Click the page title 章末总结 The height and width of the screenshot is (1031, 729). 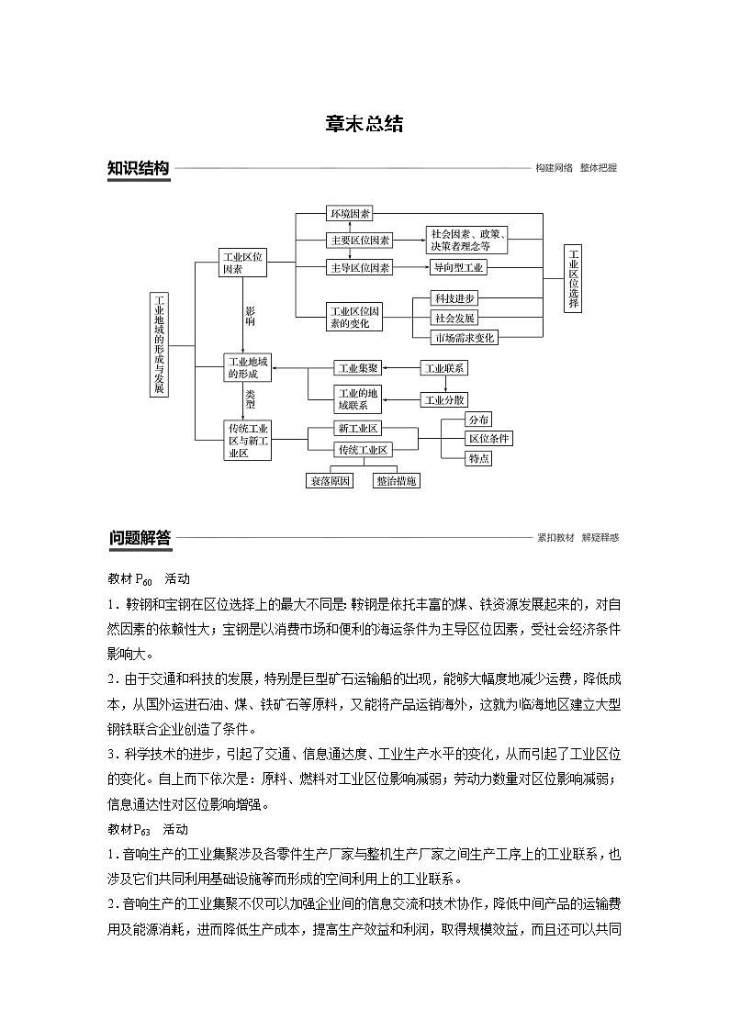pos(364,125)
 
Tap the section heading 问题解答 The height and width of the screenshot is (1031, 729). pos(139,538)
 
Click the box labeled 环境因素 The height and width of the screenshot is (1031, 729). pos(350,214)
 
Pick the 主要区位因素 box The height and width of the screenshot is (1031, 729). pos(360,241)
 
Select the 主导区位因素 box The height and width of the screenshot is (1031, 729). pos(360,268)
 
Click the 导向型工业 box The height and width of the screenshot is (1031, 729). pos(459,268)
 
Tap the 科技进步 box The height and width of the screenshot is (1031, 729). pos(455,299)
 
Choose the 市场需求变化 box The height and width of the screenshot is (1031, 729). pos(465,338)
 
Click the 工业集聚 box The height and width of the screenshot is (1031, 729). pos(357,368)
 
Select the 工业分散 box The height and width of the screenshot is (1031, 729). pos(444,400)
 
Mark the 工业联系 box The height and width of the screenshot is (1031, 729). pos(444,368)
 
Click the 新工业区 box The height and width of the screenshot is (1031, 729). pos(358,429)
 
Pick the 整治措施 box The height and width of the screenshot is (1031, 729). pos(397,480)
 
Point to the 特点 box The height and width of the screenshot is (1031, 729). pos(478,458)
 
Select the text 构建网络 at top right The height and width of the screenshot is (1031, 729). pos(555,168)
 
